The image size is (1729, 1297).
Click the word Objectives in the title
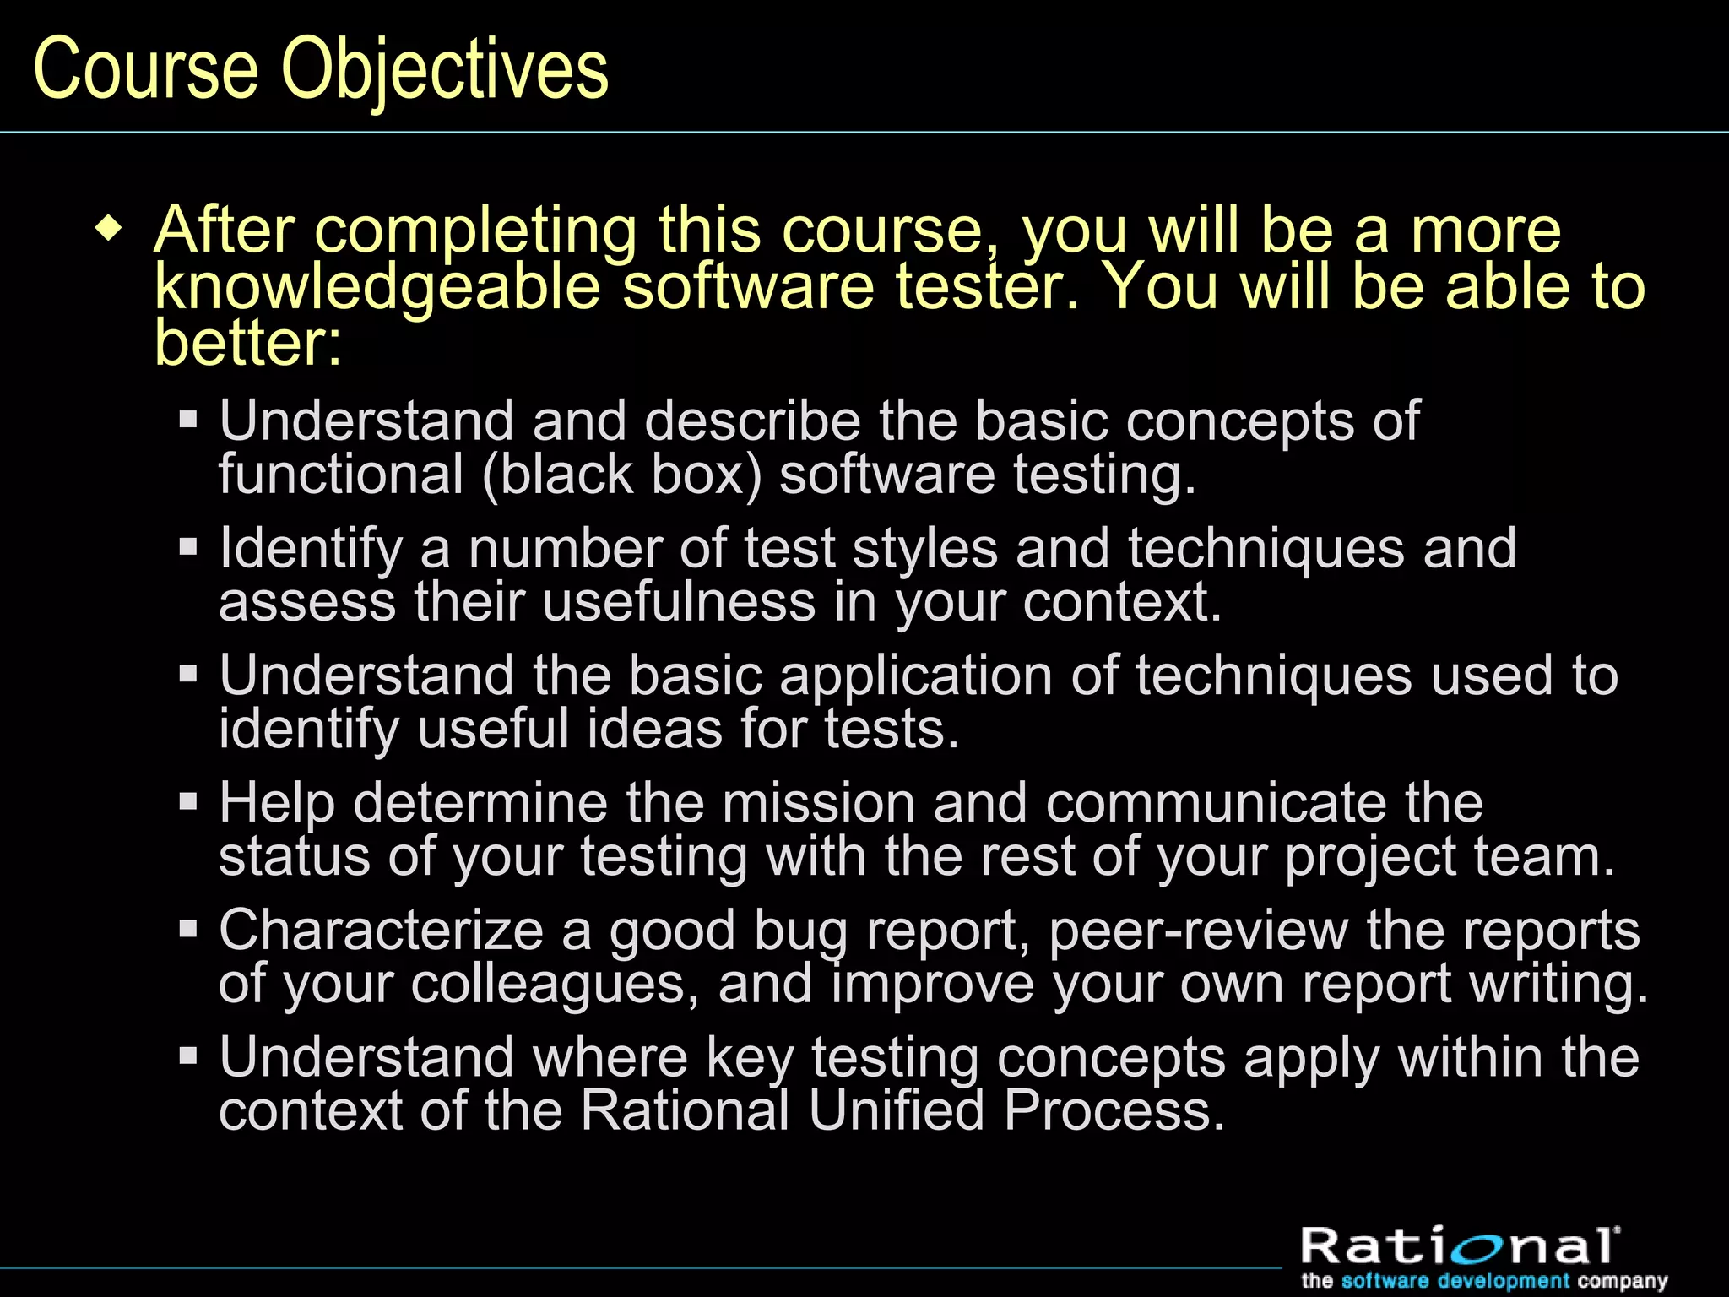pyautogui.click(x=445, y=69)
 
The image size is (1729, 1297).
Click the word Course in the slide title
pyautogui.click(x=145, y=69)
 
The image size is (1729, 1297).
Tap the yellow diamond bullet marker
pyautogui.click(x=109, y=229)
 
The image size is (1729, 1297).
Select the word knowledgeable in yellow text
pyautogui.click(x=377, y=287)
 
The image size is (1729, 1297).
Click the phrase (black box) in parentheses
pyautogui.click(x=622, y=475)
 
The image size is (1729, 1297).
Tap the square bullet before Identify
pyautogui.click(x=188, y=547)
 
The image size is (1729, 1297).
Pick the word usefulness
pyautogui.click(x=679, y=602)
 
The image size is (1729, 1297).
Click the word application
pyautogui.click(x=915, y=676)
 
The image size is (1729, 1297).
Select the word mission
pyautogui.click(x=818, y=802)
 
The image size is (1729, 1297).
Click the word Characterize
pyautogui.click(x=381, y=931)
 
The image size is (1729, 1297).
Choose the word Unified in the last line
pyautogui.click(x=897, y=1110)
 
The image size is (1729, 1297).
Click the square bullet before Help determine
pyautogui.click(x=188, y=800)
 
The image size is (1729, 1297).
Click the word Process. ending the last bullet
pyautogui.click(x=1114, y=1110)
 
